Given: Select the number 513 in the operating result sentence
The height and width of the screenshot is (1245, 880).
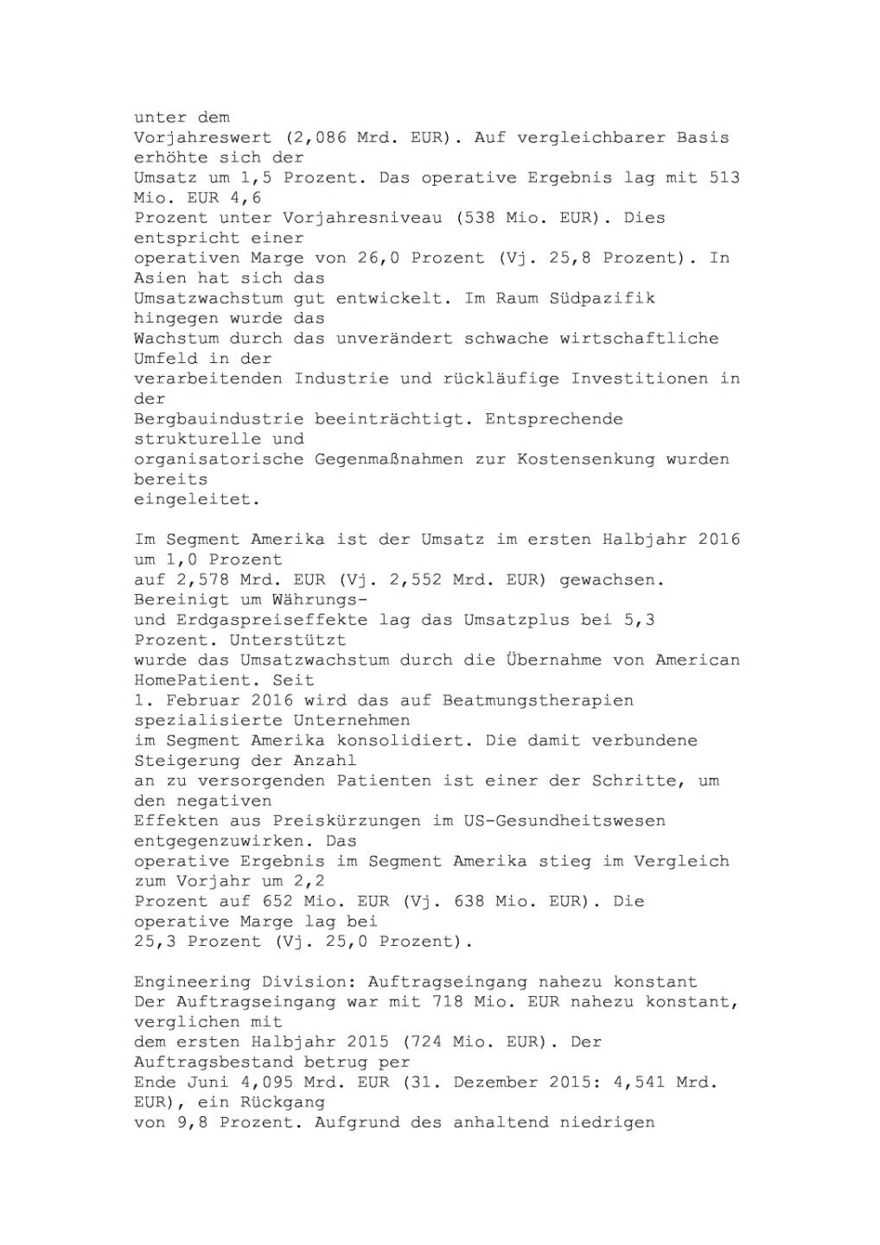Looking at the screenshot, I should pos(724,178).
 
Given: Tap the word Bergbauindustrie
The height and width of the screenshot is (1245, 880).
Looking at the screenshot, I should pos(219,419).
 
